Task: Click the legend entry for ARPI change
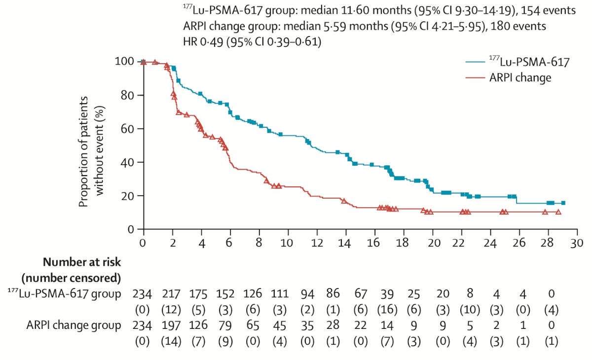(508, 77)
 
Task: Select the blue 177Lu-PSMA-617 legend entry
(517, 62)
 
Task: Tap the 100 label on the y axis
(124, 61)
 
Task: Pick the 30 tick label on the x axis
(576, 243)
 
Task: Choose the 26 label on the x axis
(519, 243)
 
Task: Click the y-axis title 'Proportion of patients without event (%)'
(92, 151)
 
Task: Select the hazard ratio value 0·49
(212, 42)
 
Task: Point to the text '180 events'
(518, 26)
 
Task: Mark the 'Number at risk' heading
(82, 262)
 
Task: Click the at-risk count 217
(171, 294)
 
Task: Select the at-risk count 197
(171, 325)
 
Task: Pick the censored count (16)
(387, 310)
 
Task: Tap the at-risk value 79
(225, 325)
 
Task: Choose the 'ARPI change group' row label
(74, 325)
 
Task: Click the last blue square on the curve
(563, 203)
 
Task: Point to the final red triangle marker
(558, 212)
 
